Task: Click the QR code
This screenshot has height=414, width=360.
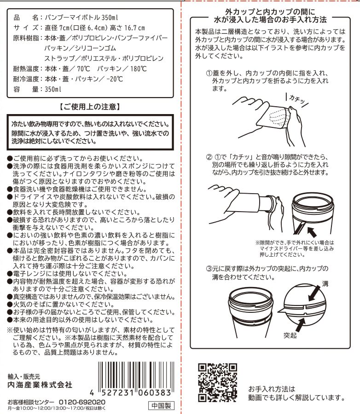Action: point(218,383)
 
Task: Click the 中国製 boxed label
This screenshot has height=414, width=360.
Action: point(161,406)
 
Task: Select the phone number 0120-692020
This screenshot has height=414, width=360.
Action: point(82,402)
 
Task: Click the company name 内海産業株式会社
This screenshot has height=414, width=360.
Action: point(40,385)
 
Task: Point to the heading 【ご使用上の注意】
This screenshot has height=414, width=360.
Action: point(90,107)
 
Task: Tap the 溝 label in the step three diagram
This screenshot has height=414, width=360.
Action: point(325,284)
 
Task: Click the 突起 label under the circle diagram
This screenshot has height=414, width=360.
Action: point(290,335)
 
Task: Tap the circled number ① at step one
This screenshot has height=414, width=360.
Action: point(209,73)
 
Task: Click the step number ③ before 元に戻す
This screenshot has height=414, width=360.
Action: point(209,269)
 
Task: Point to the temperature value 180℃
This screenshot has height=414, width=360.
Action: point(139,69)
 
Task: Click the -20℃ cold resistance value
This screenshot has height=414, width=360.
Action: point(115,79)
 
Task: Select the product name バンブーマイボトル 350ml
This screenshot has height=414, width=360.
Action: point(81,17)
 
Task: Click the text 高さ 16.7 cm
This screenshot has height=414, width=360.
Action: point(128,28)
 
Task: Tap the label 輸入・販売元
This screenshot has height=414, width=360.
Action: point(24,377)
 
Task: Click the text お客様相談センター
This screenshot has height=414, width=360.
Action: point(31,402)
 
